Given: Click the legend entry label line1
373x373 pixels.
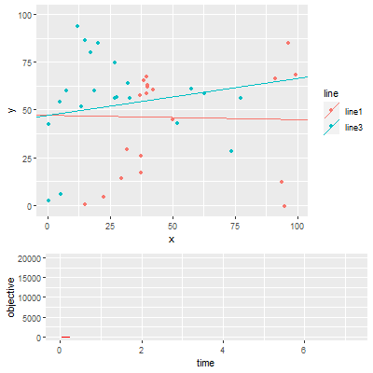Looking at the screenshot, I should tap(354, 111).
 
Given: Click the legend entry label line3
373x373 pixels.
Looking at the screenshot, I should tap(354, 127).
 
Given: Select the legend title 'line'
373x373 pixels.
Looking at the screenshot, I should tap(330, 93).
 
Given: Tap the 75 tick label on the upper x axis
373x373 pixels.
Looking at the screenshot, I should tap(236, 227).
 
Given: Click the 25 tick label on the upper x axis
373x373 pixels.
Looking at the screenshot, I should tap(110, 227).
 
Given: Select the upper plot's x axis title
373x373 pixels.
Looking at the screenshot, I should tap(172, 240).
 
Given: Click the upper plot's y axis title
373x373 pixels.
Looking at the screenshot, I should tap(9, 110).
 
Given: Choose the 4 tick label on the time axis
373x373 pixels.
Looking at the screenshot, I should tap(223, 350).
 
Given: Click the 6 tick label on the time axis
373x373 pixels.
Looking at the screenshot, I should tap(304, 350).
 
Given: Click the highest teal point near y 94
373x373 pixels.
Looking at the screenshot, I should tap(77, 26).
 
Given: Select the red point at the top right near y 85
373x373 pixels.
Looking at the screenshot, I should tap(288, 43).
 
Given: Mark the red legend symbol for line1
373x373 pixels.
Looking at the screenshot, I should tap(330, 111).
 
